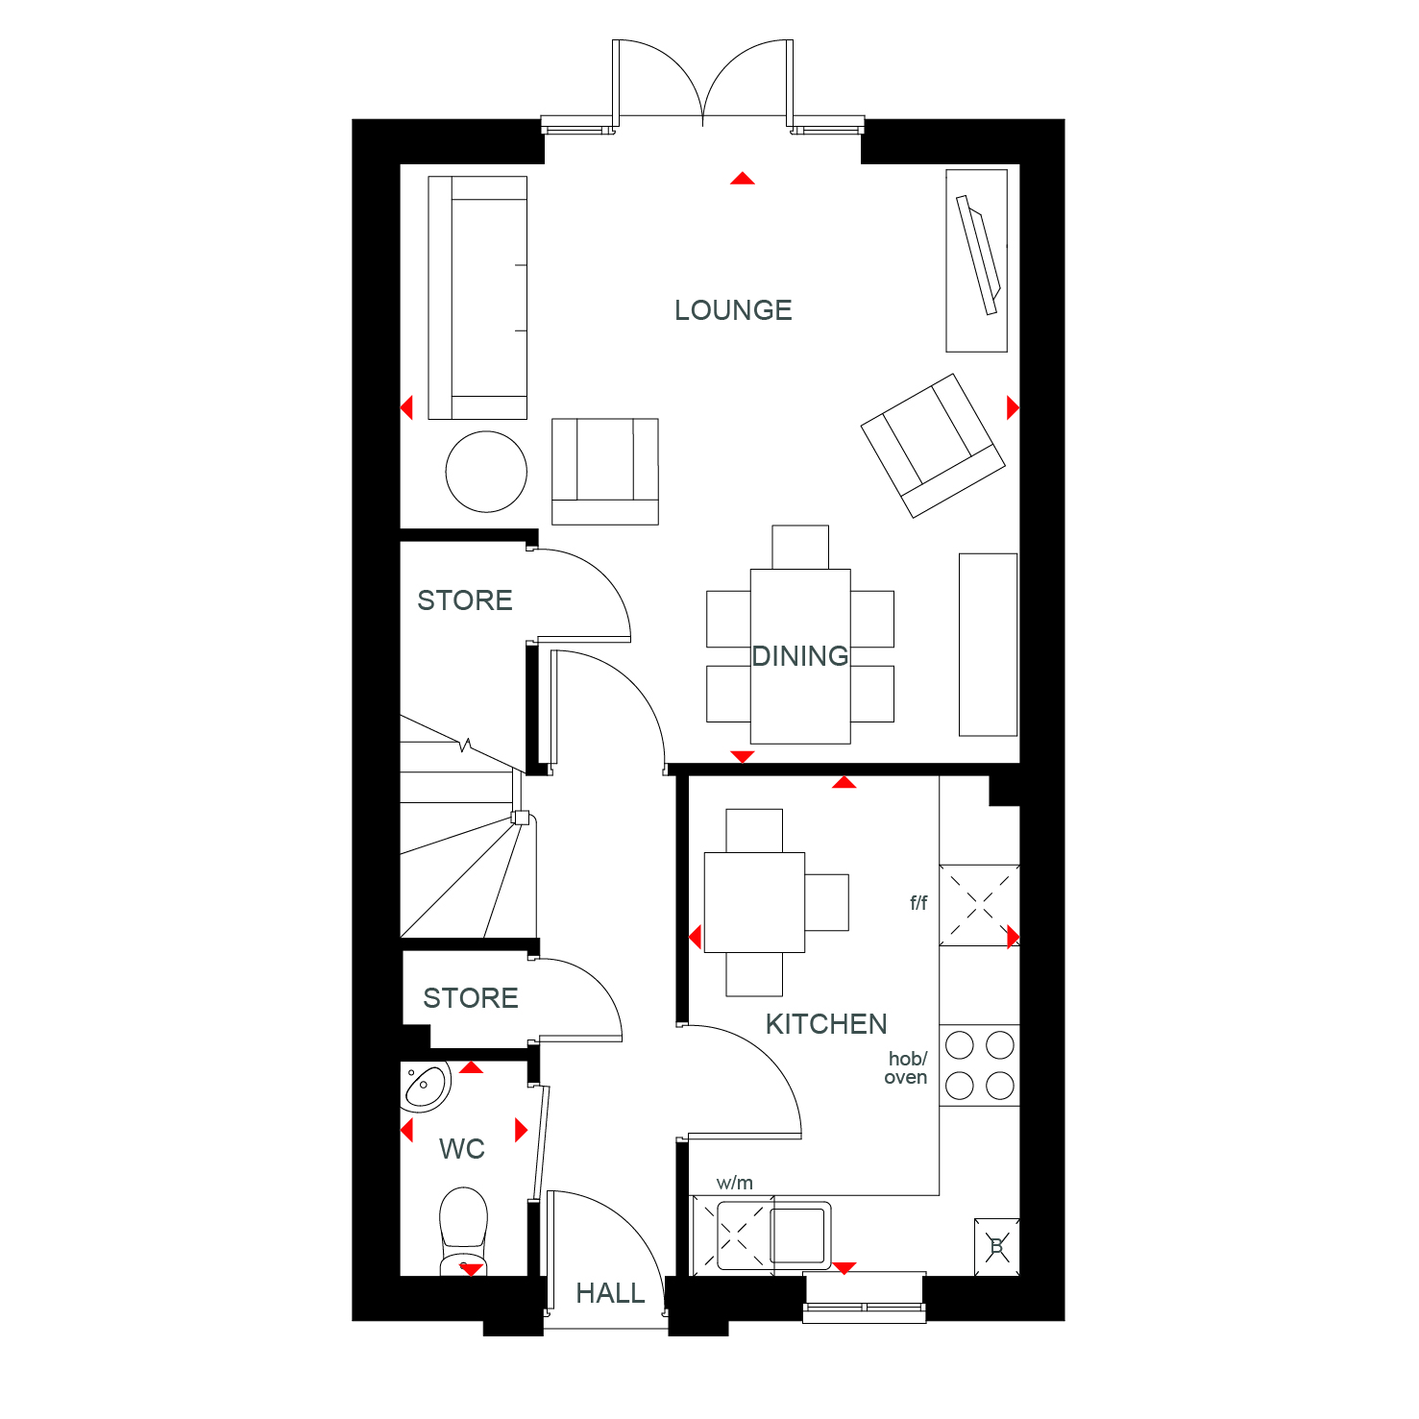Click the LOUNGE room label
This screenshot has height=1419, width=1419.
(733, 310)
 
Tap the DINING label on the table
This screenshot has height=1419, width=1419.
(800, 656)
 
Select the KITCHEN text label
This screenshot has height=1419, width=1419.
(826, 1024)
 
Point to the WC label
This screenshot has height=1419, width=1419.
(462, 1149)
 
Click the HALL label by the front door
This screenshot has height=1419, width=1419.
(610, 1294)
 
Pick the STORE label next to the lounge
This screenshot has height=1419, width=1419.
(465, 600)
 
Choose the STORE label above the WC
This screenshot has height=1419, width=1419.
(471, 998)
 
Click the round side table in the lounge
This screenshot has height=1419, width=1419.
(486, 472)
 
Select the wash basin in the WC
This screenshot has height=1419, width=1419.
(426, 1087)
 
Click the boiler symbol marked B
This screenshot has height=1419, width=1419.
(996, 1247)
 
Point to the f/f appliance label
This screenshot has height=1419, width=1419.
(918, 903)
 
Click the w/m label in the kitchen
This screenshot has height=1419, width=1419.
(735, 1183)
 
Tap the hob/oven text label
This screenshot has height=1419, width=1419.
(907, 1068)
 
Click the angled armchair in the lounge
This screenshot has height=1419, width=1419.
(933, 446)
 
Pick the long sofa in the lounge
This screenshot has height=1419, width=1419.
(477, 298)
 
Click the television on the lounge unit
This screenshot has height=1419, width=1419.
(979, 255)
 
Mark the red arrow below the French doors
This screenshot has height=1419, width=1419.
(743, 178)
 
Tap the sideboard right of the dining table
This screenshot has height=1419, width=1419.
(989, 645)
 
